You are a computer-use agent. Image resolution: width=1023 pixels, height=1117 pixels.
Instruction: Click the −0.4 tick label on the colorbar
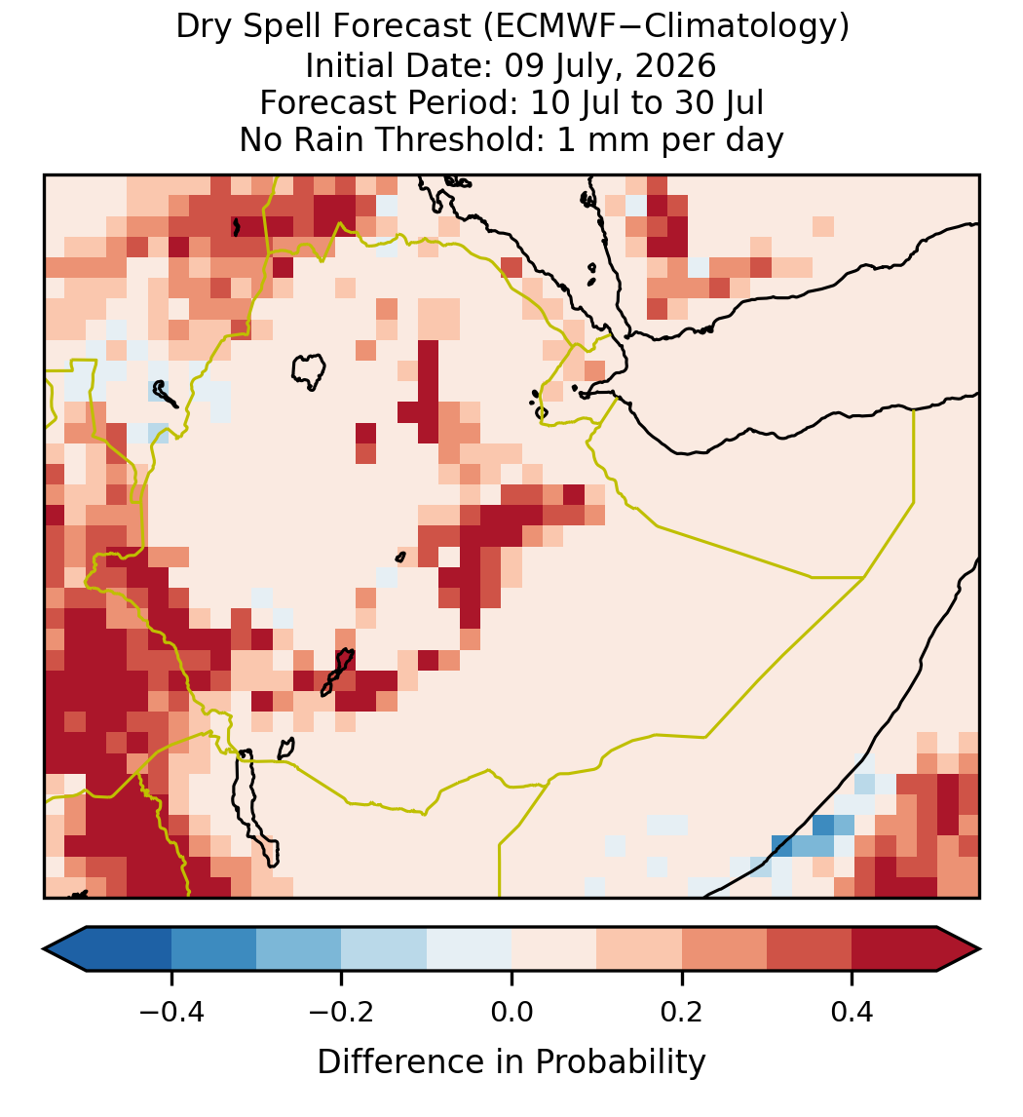coord(170,1012)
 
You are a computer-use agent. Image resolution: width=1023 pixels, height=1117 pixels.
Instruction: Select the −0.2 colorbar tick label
coord(341,1012)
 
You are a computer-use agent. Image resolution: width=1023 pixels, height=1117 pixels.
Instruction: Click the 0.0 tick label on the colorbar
coord(511,1012)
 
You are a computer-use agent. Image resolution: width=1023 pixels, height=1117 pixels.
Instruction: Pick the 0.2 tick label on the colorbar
coord(682,1012)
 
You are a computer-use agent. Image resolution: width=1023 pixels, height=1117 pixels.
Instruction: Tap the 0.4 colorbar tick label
coord(852,1012)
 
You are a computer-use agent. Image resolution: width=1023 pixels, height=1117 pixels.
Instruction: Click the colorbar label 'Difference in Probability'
coord(511,1062)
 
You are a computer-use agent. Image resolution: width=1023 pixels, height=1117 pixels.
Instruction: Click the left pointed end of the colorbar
coord(45,949)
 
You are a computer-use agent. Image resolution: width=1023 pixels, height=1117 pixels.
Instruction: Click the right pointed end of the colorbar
coord(979,949)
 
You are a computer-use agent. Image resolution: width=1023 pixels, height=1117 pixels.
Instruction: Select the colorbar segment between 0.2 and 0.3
coord(724,949)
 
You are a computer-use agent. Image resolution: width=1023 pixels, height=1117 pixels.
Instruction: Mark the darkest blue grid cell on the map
coord(823,826)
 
